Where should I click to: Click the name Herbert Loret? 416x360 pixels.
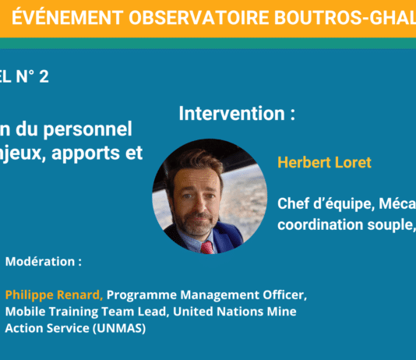tap(324, 163)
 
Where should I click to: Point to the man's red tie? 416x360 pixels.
tap(207, 247)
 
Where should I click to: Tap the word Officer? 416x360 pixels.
tap(285, 295)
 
